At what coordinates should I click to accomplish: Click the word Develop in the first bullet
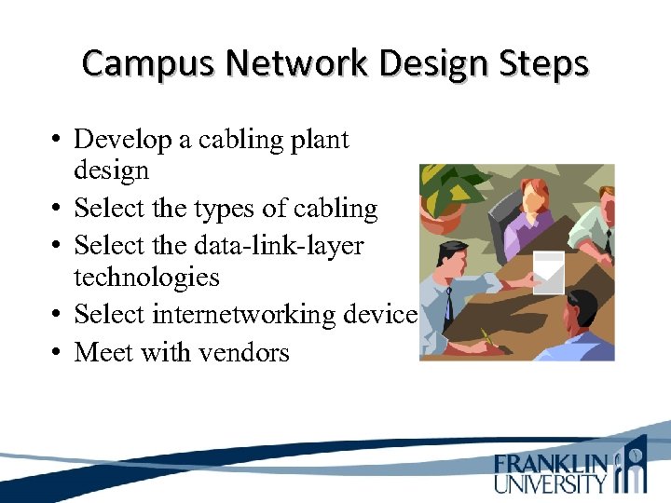point(123,140)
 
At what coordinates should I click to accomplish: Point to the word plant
point(319,140)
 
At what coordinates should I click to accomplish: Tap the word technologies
point(146,277)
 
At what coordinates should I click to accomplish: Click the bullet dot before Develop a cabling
point(58,141)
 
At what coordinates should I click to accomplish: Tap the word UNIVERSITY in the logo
point(550,483)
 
